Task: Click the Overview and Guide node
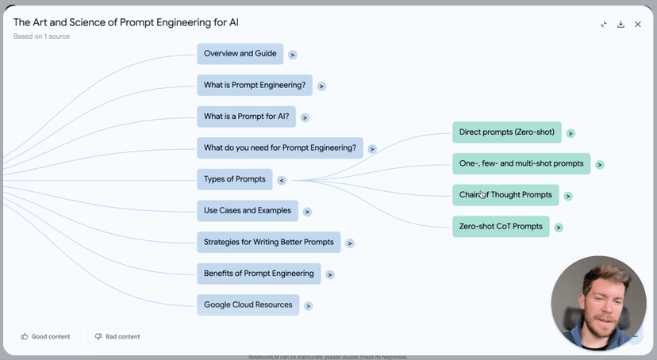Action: [x=240, y=54]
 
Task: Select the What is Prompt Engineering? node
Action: [x=254, y=85]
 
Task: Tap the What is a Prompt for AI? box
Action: [x=246, y=117]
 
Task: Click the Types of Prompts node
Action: [x=234, y=179]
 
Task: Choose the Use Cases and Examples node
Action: [x=247, y=211]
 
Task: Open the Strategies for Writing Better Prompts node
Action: [x=268, y=242]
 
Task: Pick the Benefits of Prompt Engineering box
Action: [x=259, y=274]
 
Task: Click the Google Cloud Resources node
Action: [x=248, y=305]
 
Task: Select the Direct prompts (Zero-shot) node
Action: [x=506, y=132]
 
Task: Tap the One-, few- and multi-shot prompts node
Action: [x=521, y=164]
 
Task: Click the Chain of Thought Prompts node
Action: [x=505, y=195]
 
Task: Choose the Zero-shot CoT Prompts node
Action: [x=501, y=227]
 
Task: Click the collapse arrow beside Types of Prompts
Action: [x=281, y=180]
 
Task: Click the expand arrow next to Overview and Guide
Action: [x=293, y=55]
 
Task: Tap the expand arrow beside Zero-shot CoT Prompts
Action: [x=559, y=228]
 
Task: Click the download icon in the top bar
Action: [x=620, y=25]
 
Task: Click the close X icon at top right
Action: [x=638, y=25]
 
